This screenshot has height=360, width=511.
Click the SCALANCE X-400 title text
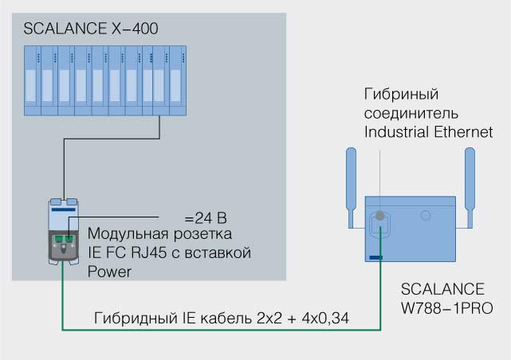coord(90,29)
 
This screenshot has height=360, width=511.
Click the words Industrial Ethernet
coord(428,131)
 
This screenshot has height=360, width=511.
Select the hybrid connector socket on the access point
coord(382,216)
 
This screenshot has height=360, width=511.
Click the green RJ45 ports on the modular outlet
coord(63,239)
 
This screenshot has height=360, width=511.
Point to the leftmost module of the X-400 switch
coord(30,79)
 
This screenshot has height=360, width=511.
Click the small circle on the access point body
coord(426,214)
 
